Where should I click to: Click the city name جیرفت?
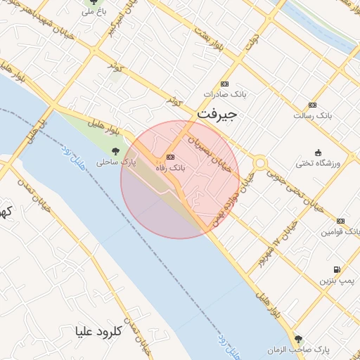217,112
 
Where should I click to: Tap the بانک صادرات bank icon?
224,82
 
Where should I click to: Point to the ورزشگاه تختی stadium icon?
318,153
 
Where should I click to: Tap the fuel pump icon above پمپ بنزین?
336,269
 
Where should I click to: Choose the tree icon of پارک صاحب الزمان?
299,338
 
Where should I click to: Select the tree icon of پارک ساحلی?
115,150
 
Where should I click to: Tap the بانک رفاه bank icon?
170,157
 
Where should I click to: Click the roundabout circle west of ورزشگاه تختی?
261,163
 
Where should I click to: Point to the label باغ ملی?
92,12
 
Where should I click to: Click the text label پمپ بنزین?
335,281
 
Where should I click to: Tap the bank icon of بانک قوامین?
340,221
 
